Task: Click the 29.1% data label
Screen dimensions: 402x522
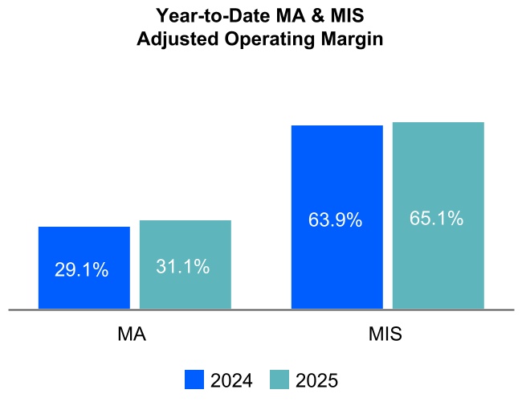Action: click(x=81, y=271)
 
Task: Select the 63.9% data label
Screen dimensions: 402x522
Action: click(x=335, y=219)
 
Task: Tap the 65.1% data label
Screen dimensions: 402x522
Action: click(x=436, y=218)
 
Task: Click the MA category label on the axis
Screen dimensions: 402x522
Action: click(x=132, y=334)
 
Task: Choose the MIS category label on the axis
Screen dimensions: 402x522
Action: click(x=386, y=334)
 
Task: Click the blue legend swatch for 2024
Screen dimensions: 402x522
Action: click(x=194, y=380)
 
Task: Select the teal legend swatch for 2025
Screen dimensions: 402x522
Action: click(x=279, y=380)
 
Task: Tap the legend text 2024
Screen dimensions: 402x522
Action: click(x=231, y=381)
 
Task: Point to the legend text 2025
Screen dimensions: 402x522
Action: click(x=316, y=381)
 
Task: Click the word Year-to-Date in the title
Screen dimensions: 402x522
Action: click(x=205, y=16)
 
